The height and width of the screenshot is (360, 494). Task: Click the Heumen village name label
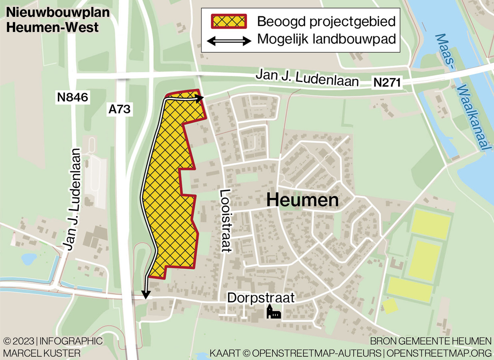pos(302,200)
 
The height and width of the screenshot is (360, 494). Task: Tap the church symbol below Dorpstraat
pos(274,312)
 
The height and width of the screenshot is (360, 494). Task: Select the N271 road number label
pos(386,83)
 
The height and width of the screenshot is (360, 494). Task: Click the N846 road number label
pos(72,96)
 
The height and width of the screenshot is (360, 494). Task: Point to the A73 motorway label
pos(120,109)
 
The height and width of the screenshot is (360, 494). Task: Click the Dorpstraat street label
pos(261,298)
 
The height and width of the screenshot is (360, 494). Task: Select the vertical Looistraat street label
pos(226,220)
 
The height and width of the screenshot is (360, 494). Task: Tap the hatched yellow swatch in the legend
pos(229,21)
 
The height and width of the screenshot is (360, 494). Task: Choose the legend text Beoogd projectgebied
pos(326,21)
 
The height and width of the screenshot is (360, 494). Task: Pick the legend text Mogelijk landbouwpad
pos(326,40)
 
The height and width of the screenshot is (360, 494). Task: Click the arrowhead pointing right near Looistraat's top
pos(200,98)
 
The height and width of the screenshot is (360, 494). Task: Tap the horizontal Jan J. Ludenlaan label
pos(307,77)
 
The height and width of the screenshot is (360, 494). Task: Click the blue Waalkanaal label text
pos(474,118)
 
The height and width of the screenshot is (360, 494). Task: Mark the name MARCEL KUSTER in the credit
pos(42,353)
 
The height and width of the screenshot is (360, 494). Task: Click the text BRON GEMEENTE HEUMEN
pos(430,341)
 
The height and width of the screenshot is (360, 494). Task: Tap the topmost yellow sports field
pos(431,224)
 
